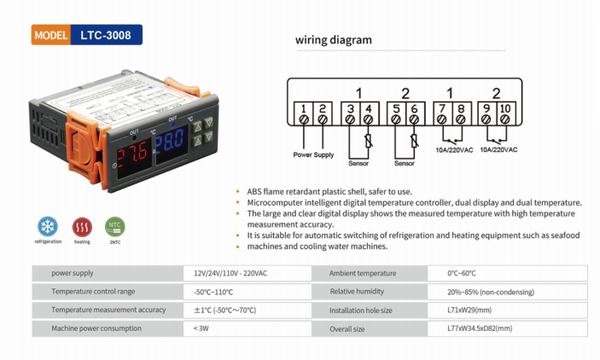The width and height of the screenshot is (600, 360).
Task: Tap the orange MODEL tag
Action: click(x=53, y=36)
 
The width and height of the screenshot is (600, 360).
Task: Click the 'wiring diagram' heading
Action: click(x=334, y=39)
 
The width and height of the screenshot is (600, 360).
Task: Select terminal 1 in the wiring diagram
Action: click(x=303, y=109)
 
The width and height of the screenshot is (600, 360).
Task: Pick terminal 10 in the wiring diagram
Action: click(x=504, y=109)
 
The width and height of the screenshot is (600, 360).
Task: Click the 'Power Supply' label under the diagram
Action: click(x=314, y=155)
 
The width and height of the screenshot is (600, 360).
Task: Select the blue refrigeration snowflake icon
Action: click(x=48, y=226)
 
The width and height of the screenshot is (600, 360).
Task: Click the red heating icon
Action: click(x=82, y=226)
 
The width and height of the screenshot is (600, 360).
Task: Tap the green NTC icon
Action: click(x=114, y=226)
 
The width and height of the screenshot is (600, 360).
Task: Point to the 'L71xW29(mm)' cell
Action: click(x=469, y=311)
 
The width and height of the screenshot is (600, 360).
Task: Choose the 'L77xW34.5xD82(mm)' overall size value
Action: click(x=480, y=328)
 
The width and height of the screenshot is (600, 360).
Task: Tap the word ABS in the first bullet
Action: click(x=254, y=191)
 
